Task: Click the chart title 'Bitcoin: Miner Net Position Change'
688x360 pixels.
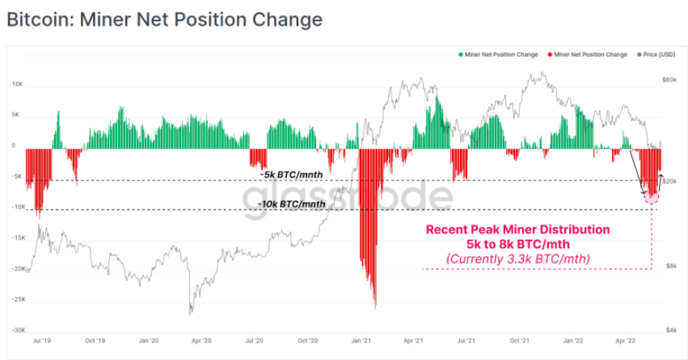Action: pyautogui.click(x=164, y=19)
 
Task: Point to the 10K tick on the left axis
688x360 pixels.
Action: pyautogui.click(x=15, y=84)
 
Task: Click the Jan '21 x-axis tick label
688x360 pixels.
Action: pyautogui.click(x=361, y=341)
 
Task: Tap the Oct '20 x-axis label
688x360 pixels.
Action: pyautogui.click(x=307, y=341)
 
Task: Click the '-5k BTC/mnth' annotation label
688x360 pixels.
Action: pyautogui.click(x=292, y=173)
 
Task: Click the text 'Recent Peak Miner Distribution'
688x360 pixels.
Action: pyautogui.click(x=518, y=229)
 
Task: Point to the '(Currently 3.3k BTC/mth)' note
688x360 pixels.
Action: pyautogui.click(x=518, y=258)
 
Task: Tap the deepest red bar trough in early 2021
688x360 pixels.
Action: pyautogui.click(x=375, y=306)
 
